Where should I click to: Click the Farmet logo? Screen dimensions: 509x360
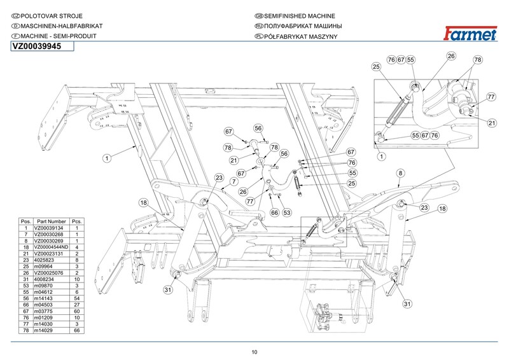[x=470, y=34]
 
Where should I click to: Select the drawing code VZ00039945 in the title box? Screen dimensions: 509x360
[x=37, y=46]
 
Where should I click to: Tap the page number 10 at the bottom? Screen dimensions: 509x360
[x=254, y=352]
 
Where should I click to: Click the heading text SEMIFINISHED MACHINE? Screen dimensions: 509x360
[x=299, y=16]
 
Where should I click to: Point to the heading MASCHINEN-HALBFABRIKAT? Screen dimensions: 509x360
[x=62, y=26]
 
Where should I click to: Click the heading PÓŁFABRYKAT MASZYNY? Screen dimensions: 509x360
[x=300, y=36]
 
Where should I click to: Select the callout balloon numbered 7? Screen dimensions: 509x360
[x=234, y=181]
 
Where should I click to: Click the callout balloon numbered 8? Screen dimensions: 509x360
[x=401, y=173]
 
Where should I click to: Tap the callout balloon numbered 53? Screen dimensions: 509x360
[x=287, y=212]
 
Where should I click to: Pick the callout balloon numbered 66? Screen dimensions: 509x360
[x=275, y=212]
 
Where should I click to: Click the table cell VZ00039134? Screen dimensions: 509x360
[x=49, y=228]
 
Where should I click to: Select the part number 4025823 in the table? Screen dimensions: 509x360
[x=44, y=260]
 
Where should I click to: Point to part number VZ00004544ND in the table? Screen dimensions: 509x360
[x=52, y=247]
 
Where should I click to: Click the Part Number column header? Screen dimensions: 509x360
[x=52, y=221]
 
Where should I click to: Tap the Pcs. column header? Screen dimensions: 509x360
[x=77, y=221]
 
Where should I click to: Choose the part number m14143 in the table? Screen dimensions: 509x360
[x=43, y=298]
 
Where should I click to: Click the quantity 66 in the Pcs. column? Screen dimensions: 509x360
[x=77, y=331]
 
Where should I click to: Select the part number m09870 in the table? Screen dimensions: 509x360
[x=43, y=286]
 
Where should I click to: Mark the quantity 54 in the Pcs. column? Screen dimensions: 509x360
[x=77, y=298]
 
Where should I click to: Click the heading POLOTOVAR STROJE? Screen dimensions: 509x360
[x=52, y=16]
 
